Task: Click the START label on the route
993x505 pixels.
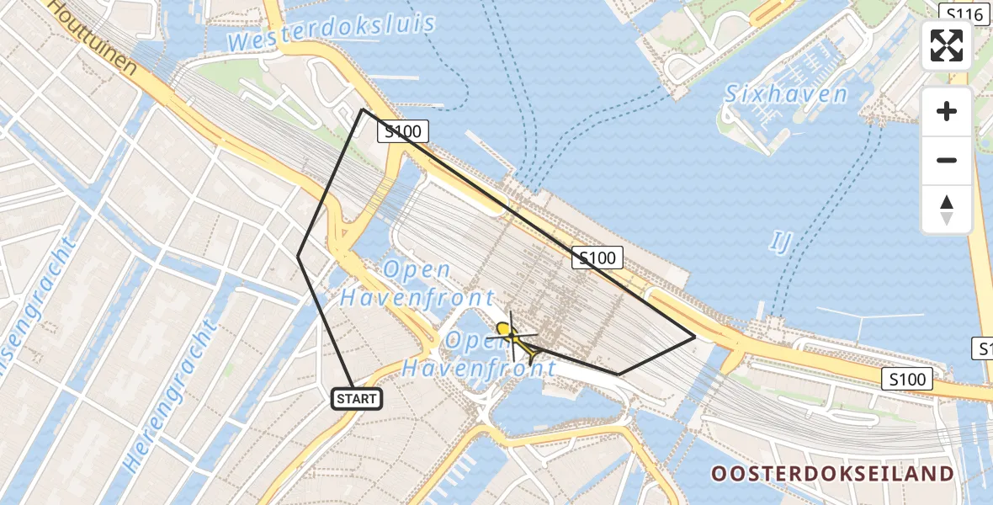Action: click(x=357, y=399)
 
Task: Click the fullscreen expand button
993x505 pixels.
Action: click(x=947, y=45)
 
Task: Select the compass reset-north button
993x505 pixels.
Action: click(x=947, y=210)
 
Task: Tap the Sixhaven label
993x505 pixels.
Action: click(x=787, y=93)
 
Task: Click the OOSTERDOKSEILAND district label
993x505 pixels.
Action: click(x=833, y=474)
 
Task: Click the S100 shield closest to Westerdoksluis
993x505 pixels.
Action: click(x=403, y=131)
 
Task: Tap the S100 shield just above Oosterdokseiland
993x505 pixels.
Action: click(x=905, y=379)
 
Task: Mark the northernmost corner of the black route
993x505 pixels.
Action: click(x=363, y=109)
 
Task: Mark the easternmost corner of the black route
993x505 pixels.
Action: click(x=694, y=337)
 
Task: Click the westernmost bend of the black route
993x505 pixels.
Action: click(x=299, y=256)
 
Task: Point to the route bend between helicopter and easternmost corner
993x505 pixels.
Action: click(x=619, y=374)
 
